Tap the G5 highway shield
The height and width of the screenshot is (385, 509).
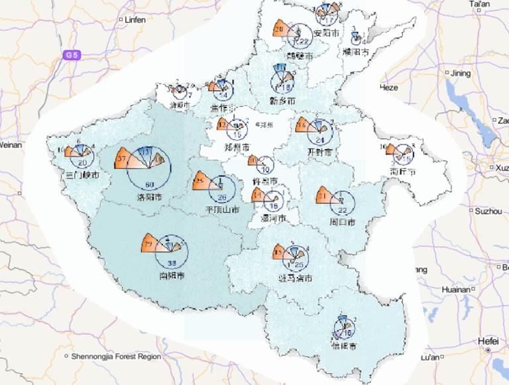tap(72, 55)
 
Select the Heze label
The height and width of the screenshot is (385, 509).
tap(388, 87)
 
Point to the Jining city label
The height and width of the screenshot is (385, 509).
tap(460, 73)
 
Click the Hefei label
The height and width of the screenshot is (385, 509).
tap(487, 341)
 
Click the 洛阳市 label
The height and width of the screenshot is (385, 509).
tap(149, 197)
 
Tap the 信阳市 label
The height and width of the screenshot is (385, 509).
tap(345, 346)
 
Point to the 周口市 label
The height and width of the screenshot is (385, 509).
tap(341, 222)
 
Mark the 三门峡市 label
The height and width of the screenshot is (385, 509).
tap(84, 176)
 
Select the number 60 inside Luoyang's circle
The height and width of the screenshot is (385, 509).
tap(149, 184)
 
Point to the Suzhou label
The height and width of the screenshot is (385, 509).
tap(488, 211)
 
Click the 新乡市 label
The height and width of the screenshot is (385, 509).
tap(282, 100)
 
